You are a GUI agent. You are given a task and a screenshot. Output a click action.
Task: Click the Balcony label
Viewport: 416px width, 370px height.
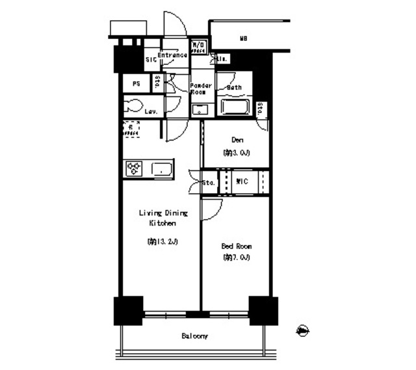pos(194,336)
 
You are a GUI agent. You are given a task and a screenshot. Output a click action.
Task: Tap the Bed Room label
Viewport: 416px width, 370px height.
pos(236,246)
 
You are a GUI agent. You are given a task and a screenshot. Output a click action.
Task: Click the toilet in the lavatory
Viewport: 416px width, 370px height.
pos(135,106)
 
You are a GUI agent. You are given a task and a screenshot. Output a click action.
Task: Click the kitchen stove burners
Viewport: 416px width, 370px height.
pos(135,168)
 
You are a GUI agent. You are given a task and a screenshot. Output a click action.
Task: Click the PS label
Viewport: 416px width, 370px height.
pos(136,84)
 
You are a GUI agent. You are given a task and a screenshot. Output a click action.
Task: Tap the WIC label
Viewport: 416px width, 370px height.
pos(240,181)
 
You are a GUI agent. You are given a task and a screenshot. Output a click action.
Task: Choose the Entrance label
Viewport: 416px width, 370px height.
pos(172,55)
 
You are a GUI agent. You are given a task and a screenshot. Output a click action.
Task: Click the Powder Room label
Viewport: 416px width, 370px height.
pos(200,89)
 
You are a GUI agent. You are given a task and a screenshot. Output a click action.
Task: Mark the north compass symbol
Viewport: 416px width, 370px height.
pos(302,332)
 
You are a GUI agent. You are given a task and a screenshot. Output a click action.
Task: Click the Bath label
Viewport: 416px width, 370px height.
pos(234,88)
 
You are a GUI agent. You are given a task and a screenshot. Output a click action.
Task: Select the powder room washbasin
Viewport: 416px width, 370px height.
pos(200,109)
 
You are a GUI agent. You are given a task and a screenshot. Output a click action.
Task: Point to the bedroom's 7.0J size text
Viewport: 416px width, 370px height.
pos(236,258)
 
